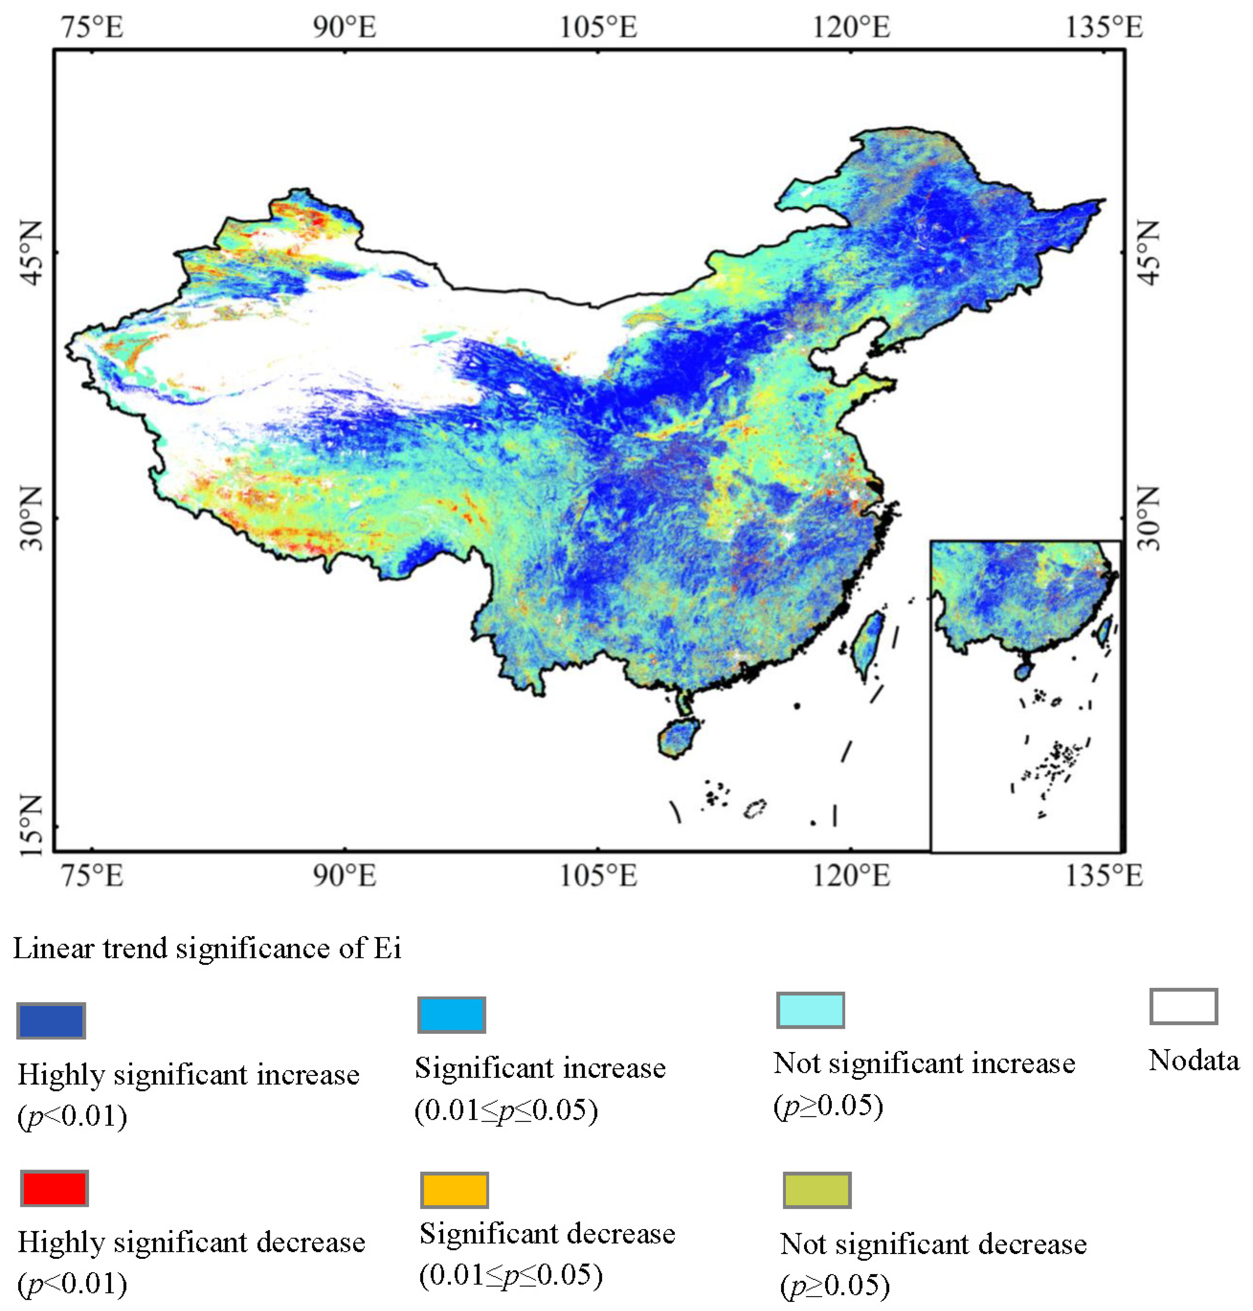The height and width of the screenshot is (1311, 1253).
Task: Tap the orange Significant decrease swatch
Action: (x=454, y=1190)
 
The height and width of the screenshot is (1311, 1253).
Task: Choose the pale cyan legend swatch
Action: (x=810, y=1010)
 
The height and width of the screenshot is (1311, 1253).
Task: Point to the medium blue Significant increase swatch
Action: (x=452, y=1015)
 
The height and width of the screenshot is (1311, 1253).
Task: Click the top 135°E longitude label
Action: (x=1103, y=28)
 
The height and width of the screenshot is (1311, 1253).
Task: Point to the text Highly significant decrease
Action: (x=191, y=1242)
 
